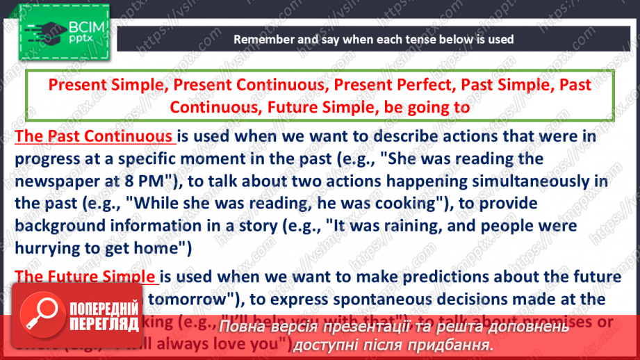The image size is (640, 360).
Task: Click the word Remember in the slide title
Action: [263, 39]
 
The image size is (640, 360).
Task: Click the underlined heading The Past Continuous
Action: [95, 136]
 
